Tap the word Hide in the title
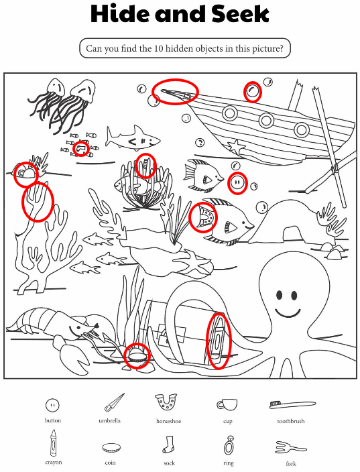pos(121,14)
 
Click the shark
pos(133,138)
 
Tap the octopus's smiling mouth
pos(288,313)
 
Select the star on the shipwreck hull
pos(236,147)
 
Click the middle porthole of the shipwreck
pos(266,120)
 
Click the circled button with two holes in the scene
pos(237,183)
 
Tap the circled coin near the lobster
pos(136,356)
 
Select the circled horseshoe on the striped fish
pos(206,217)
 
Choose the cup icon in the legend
pos(227,405)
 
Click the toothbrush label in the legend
pos(291,421)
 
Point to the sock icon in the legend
pos(169,445)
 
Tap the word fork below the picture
pos(291,463)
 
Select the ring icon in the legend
pos(229,445)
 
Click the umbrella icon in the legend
pos(115,402)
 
